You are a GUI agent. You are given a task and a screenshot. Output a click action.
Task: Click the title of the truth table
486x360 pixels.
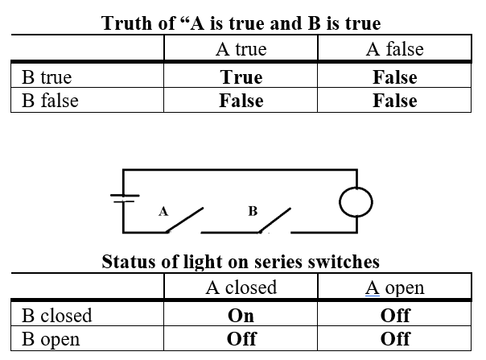[241, 22]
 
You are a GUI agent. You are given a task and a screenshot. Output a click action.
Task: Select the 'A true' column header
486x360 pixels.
[241, 49]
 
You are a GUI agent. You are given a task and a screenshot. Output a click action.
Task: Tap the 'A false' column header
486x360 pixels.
[394, 49]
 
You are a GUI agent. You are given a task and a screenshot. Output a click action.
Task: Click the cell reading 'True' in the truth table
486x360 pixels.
[241, 77]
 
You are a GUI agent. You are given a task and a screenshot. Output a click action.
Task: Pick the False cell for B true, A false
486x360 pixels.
[394, 77]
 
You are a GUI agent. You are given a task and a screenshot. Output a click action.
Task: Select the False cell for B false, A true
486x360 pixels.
[241, 101]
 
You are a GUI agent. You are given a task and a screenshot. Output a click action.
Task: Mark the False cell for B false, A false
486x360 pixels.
[394, 101]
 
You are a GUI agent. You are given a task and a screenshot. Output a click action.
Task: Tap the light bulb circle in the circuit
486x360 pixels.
[355, 201]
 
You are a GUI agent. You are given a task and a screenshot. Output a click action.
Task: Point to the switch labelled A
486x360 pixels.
[184, 220]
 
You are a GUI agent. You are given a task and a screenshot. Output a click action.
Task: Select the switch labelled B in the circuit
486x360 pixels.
[274, 220]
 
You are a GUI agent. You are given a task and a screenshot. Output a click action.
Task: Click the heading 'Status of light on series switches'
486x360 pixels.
[241, 262]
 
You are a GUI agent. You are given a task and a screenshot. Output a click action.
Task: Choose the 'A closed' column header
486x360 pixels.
[241, 288]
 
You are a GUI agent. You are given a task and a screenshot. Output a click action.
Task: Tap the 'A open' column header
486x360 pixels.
[394, 288]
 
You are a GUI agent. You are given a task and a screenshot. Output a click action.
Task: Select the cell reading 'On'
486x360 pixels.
[241, 315]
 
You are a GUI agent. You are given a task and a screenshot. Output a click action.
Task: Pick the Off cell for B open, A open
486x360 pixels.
[394, 338]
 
